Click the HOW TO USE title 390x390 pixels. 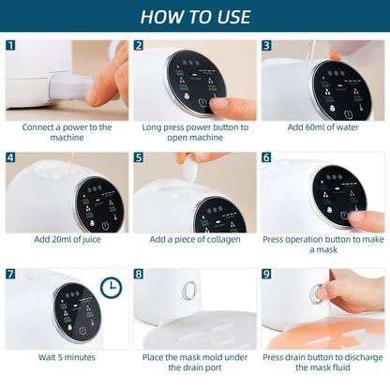click(x=195, y=17)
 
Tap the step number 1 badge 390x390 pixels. click(x=10, y=45)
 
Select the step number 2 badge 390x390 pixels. click(x=139, y=45)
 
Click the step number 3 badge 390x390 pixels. click(x=266, y=45)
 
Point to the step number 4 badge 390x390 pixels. click(x=10, y=158)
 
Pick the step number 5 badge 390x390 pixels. click(x=139, y=158)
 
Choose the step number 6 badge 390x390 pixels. click(x=266, y=158)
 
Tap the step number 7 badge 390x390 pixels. click(x=10, y=275)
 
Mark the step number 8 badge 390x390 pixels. click(x=139, y=275)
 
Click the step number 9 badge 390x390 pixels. click(x=266, y=275)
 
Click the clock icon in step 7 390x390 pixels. click(x=111, y=288)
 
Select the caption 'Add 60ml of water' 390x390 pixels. click(x=322, y=127)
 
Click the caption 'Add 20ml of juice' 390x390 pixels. click(x=67, y=239)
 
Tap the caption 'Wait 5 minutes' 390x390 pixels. click(x=67, y=357)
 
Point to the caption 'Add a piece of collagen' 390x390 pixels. click(x=195, y=239)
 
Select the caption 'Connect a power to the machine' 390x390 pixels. click(x=67, y=132)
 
